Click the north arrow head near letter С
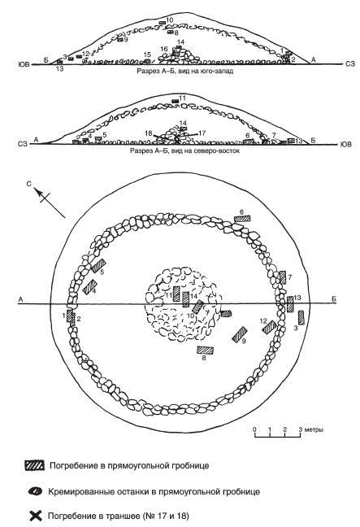point(38,192)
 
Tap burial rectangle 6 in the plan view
point(242,219)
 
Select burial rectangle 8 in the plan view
point(205,351)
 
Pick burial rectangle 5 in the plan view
point(98,265)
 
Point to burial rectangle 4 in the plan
point(89,287)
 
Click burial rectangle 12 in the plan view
point(270,327)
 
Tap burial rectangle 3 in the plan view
point(301,318)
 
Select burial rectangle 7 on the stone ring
point(283,277)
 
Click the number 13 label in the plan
point(297,298)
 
